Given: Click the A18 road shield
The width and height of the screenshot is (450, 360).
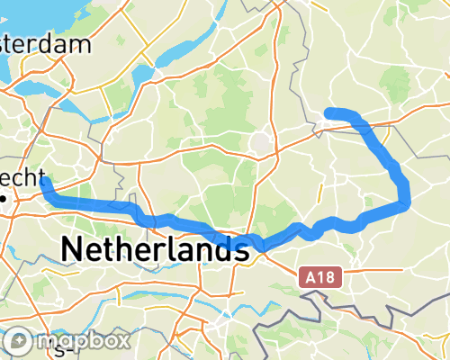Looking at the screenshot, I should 320,278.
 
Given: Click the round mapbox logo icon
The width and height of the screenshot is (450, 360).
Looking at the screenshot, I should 20,341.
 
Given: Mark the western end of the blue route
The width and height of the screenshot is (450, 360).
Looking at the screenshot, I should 44,182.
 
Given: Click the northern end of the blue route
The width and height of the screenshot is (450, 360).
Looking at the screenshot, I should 329,112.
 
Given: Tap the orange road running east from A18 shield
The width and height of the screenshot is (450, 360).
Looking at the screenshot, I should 378,267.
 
